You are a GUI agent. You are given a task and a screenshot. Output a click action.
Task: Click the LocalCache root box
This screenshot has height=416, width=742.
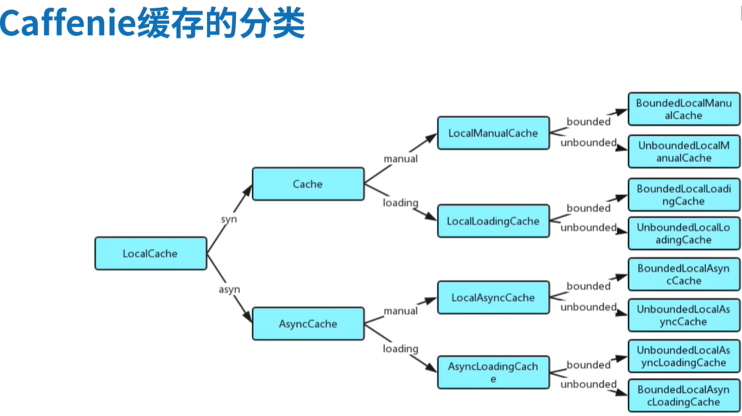pyautogui.click(x=151, y=253)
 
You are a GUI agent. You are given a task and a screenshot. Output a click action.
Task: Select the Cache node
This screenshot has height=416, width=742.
pyautogui.click(x=308, y=184)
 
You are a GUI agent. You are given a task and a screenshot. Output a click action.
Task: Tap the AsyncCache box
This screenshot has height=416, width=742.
pyautogui.click(x=308, y=324)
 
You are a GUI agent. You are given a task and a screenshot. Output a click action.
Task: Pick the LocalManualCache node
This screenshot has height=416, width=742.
pyautogui.click(x=493, y=133)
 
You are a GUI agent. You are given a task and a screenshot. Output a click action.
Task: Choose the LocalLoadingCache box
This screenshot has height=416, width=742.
pyautogui.click(x=493, y=221)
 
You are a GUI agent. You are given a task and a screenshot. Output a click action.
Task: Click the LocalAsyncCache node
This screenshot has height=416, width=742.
pyautogui.click(x=493, y=297)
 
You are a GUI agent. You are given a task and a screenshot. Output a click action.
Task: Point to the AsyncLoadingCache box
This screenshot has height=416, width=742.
pyautogui.click(x=493, y=372)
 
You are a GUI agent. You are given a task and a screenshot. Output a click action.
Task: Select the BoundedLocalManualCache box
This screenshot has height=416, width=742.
pyautogui.click(x=684, y=109)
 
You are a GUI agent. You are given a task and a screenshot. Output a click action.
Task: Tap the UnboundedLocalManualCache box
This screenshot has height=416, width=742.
pyautogui.click(x=684, y=151)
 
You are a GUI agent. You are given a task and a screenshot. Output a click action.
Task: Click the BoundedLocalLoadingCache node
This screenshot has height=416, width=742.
pyautogui.click(x=684, y=195)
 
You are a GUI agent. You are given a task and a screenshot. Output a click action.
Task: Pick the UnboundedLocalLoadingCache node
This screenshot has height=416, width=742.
pyautogui.click(x=684, y=233)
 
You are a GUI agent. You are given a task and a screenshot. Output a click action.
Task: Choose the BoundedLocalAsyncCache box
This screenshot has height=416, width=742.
pyautogui.click(x=684, y=274)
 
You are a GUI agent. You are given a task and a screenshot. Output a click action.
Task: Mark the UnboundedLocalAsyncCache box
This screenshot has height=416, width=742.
pyautogui.click(x=684, y=315)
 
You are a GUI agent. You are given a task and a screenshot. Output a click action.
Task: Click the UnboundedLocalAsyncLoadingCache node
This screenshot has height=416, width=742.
pyautogui.click(x=684, y=356)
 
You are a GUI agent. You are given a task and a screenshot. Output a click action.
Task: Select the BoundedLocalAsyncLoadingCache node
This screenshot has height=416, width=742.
pyautogui.click(x=684, y=396)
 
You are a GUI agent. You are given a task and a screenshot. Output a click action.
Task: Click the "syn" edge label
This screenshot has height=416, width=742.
pyautogui.click(x=229, y=219)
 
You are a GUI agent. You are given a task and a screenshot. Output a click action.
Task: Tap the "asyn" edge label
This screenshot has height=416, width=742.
pyautogui.click(x=229, y=289)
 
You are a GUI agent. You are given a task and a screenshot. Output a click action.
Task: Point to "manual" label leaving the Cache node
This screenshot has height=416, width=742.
pyautogui.click(x=400, y=158)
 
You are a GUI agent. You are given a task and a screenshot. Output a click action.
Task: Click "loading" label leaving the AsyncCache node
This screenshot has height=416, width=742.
pyautogui.click(x=400, y=349)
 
